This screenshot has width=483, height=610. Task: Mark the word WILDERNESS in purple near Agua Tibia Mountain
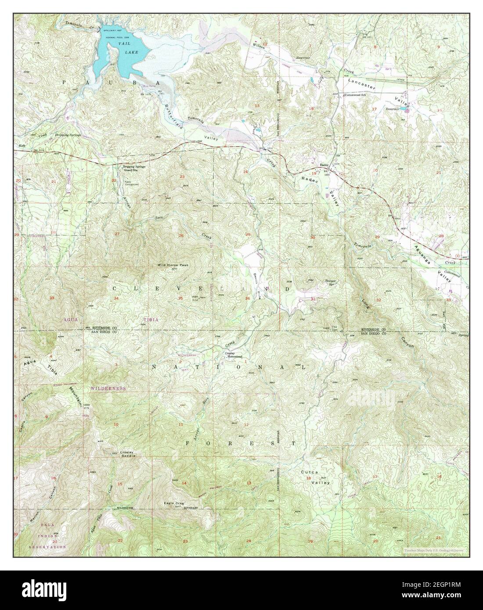[x=108, y=388]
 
